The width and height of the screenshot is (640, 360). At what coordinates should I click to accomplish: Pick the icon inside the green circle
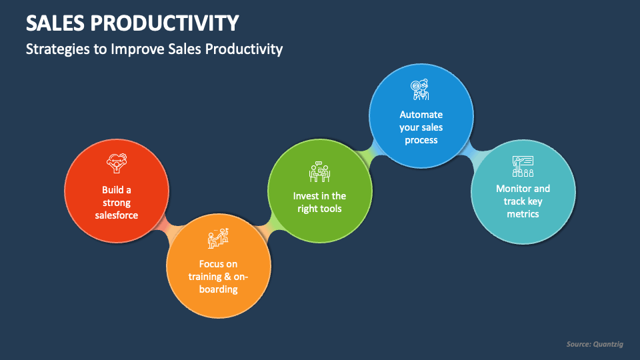pyautogui.click(x=319, y=172)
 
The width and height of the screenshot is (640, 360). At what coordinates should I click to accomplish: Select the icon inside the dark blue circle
pyautogui.click(x=420, y=89)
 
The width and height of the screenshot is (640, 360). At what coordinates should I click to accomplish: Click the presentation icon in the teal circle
pyautogui.click(x=523, y=165)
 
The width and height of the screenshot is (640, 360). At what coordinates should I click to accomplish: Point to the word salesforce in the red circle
pyautogui.click(x=117, y=215)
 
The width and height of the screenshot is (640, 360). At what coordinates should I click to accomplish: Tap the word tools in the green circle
pyautogui.click(x=329, y=209)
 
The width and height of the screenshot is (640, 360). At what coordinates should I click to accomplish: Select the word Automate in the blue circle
pyautogui.click(x=421, y=115)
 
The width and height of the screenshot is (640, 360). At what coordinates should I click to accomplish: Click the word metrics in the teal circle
pyautogui.click(x=523, y=214)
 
